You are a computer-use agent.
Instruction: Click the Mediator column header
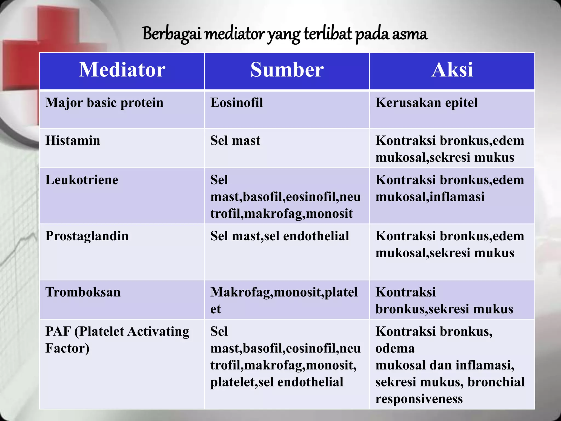[x=122, y=70]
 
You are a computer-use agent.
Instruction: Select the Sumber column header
[x=287, y=70]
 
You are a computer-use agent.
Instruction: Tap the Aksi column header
[x=452, y=70]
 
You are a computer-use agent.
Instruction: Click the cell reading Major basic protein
[x=104, y=103]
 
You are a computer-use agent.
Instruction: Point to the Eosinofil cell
[x=236, y=103]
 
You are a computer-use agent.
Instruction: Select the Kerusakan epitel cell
[x=426, y=103]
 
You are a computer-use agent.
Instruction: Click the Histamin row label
[x=73, y=141]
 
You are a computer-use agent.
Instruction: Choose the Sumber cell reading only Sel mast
[x=235, y=141]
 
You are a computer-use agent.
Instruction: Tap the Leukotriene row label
[x=82, y=180]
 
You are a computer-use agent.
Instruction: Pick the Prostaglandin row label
[x=87, y=236]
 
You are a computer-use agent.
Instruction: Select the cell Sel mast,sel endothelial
[x=279, y=236]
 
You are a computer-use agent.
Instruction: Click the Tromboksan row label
[x=83, y=292]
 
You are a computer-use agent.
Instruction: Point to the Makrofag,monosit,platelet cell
[x=284, y=300]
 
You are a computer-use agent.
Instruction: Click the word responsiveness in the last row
[x=419, y=399]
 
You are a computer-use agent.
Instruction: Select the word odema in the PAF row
[x=395, y=348]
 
